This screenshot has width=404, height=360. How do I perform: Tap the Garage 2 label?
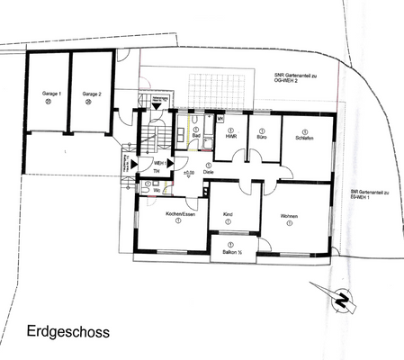pyautogui.click(x=91, y=94)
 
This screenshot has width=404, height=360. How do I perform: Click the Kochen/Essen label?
pyautogui.click(x=167, y=215)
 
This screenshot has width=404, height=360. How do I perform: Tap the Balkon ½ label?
pyautogui.click(x=230, y=253)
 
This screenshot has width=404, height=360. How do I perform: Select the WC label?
pyautogui.click(x=157, y=190)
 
